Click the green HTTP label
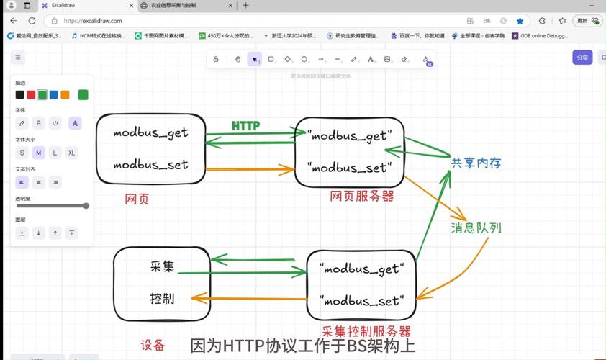pos(245,125)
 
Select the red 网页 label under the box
pos(137,199)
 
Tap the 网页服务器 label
pos(362,196)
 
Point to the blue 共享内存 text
pos(475,163)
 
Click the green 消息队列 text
pos(476,228)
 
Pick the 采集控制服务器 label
pos(366,331)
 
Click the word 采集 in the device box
pos(163,267)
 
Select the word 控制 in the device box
pos(162,297)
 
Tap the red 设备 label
pos(153,345)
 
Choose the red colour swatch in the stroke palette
pos(31,94)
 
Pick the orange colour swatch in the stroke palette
pos(65,94)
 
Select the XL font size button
pos(71,153)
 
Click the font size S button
pos(22,153)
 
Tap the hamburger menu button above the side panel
pos(19,58)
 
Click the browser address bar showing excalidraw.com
pos(216,21)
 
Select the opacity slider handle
pos(86,206)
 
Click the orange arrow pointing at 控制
pos(245,298)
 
